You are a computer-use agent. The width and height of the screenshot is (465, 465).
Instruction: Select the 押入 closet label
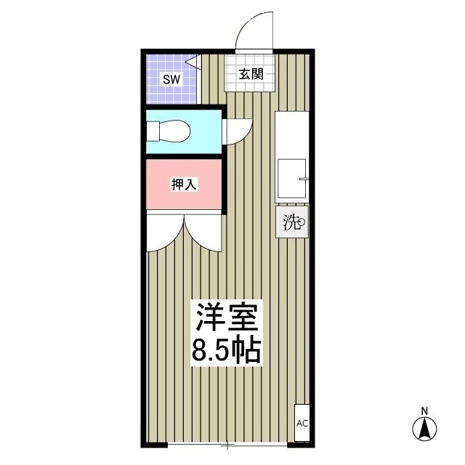point(184,185)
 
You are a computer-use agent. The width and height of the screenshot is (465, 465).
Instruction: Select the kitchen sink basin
point(293,178)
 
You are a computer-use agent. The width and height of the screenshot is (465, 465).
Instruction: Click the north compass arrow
point(424,428)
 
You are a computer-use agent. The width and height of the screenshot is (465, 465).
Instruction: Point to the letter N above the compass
point(424,411)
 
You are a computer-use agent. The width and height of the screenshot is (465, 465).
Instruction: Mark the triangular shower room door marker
point(194,62)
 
